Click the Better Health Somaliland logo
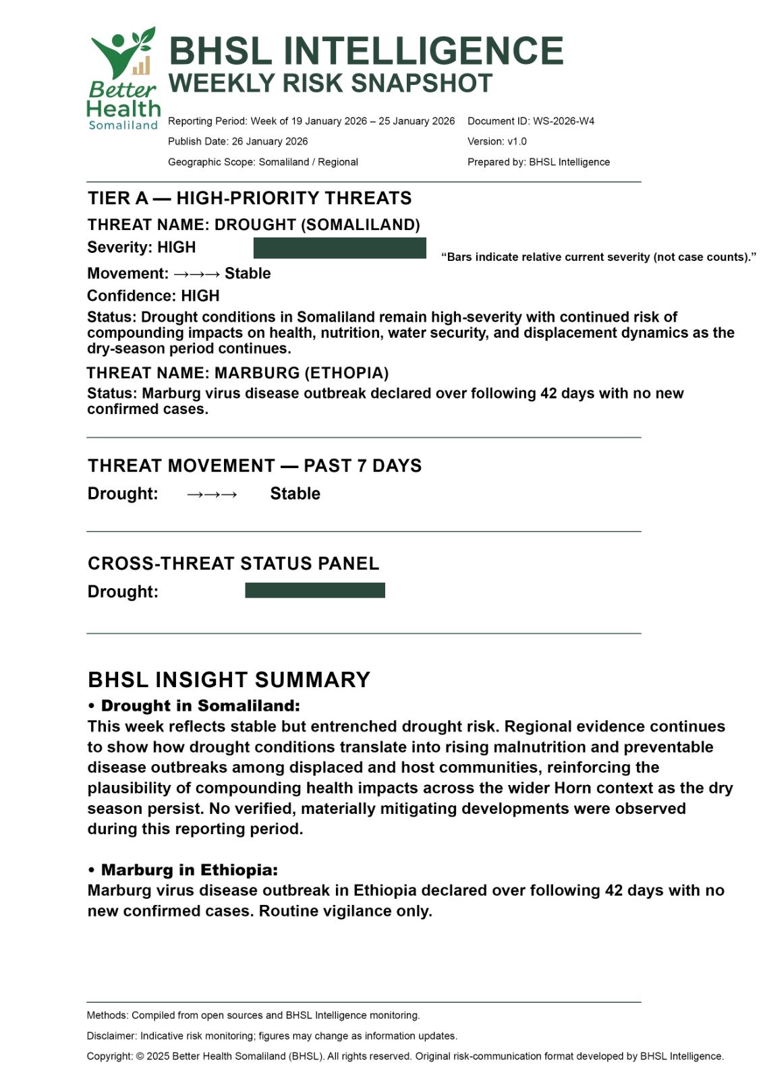point(123,79)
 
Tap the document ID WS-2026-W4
point(563,121)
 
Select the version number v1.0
point(517,142)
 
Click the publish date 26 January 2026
point(270,142)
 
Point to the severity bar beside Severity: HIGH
point(339,248)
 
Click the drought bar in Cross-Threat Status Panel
point(314,591)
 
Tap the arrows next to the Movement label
point(196,274)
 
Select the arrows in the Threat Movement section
point(212,494)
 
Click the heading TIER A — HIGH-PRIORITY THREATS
point(250,198)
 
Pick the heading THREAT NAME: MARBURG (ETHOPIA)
point(237,373)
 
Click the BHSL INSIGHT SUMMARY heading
point(229,679)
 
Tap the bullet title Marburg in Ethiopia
point(189,870)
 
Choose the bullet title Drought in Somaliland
point(200,706)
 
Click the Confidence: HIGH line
point(153,296)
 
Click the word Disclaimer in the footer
point(111,1036)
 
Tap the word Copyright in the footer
point(109,1056)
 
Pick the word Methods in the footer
point(107,1015)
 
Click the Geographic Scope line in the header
point(263,162)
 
